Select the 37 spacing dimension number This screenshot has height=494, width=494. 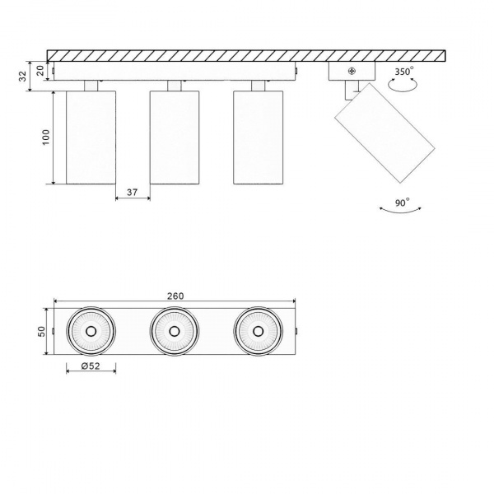point(132,193)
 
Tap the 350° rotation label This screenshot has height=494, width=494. point(404,72)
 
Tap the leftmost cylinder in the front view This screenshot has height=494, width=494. point(91,137)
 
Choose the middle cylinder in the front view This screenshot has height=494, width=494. point(174,137)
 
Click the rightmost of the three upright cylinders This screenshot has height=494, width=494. point(258,137)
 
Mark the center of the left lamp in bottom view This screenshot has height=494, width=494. point(91,332)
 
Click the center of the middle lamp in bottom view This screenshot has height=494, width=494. point(175,332)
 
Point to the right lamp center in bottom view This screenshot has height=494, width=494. point(258,332)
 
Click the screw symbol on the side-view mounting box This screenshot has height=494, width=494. point(352,72)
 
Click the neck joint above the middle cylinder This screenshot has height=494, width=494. point(174,85)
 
